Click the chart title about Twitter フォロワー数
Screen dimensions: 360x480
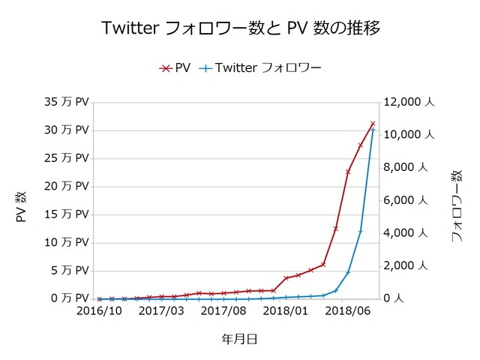pos(240,29)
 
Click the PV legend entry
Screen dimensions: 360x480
pos(175,68)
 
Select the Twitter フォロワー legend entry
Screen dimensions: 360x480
pos(260,68)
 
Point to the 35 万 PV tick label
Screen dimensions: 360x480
pos(67,102)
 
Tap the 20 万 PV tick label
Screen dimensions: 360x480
pos(67,186)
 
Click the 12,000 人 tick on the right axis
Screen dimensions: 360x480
pos(409,102)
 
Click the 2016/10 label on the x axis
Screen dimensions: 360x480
pos(100,310)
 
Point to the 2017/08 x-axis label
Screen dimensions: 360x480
pos(224,310)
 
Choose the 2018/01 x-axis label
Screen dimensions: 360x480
pos(286,310)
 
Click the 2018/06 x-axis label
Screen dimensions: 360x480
pos(349,310)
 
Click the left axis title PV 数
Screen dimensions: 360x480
pos(22,206)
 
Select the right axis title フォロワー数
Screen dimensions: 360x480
pos(457,206)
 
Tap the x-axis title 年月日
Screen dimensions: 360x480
pos(239,339)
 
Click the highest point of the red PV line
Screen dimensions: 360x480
pos(373,124)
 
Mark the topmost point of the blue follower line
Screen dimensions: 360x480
pos(373,129)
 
